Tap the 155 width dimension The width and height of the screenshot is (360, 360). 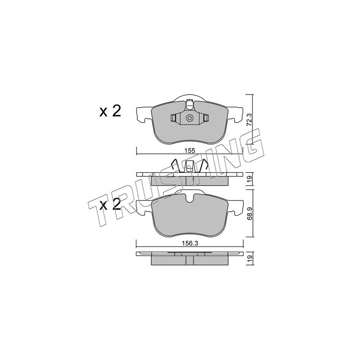point(189,151)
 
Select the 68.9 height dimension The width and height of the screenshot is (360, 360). point(250,213)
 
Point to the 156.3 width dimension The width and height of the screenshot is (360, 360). point(189,244)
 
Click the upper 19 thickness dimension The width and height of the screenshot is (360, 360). point(250,178)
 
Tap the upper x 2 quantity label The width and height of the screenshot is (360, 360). point(110,112)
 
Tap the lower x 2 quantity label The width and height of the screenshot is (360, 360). point(110,205)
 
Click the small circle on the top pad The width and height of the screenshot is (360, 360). point(189,118)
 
